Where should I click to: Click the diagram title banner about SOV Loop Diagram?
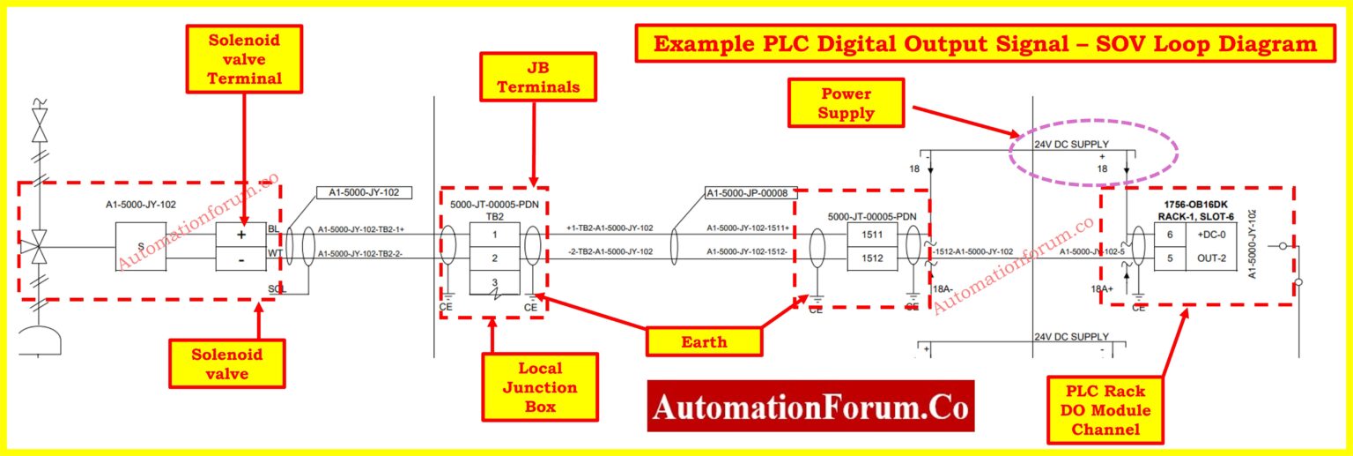982,44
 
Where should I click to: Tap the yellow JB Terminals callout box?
538,76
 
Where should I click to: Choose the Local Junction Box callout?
540,387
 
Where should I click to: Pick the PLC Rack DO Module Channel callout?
1104,410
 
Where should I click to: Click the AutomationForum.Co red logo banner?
810,407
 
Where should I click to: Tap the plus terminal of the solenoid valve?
241,235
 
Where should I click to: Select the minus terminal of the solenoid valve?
241,259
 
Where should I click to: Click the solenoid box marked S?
141,247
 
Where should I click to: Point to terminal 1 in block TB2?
494,235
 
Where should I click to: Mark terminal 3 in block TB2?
494,283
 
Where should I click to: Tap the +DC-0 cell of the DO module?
1205,235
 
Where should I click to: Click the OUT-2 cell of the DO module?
1205,258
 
